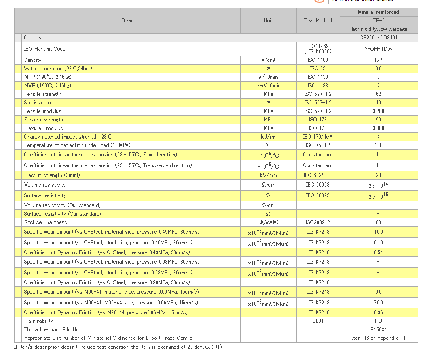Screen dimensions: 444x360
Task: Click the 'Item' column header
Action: (x=127, y=21)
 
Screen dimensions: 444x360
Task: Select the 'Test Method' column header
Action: (x=318, y=21)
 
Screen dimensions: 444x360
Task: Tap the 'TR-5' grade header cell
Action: (x=379, y=21)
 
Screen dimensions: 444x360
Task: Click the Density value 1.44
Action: (x=379, y=60)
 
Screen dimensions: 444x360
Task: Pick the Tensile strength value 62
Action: (x=379, y=94)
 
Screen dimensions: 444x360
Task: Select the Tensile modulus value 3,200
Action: (x=379, y=111)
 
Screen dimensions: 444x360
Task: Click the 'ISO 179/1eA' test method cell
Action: (x=318, y=137)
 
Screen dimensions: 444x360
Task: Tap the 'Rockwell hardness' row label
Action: (x=46, y=222)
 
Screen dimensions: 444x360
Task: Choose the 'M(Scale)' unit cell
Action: (x=268, y=222)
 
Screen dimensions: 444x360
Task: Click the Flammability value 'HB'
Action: (x=379, y=321)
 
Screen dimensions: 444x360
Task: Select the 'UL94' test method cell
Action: (x=318, y=321)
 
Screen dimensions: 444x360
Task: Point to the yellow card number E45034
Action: (x=379, y=330)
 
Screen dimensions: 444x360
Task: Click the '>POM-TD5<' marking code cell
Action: (x=379, y=49)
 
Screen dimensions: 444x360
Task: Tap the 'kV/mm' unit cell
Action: (x=268, y=175)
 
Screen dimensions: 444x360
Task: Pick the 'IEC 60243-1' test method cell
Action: (x=318, y=175)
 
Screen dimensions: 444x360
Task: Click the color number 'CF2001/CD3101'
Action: (x=379, y=38)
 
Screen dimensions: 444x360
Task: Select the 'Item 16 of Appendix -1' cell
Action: (x=379, y=338)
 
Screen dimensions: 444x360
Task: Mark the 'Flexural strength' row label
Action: (x=44, y=120)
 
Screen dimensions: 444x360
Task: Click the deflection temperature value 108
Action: (x=379, y=145)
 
